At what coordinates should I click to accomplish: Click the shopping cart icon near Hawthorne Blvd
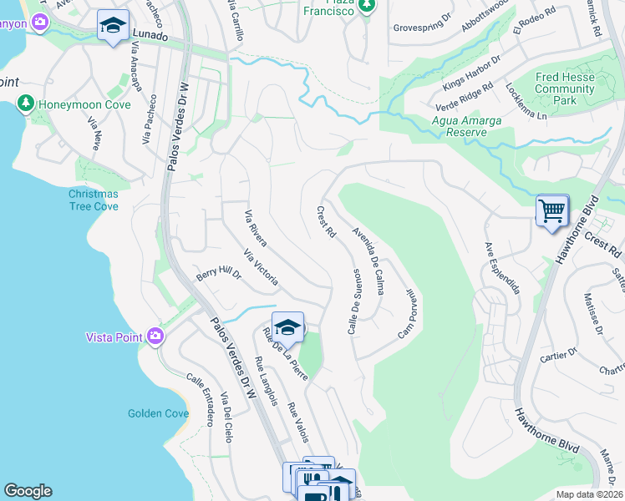[x=552, y=210]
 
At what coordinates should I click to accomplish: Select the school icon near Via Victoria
[x=287, y=327]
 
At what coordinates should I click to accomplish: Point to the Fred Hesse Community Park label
[x=565, y=89]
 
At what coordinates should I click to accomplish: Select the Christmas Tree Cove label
[x=94, y=200]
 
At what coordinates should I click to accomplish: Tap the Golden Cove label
[x=158, y=413]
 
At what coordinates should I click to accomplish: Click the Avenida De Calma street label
[x=368, y=261]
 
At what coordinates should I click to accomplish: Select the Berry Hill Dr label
[x=217, y=273]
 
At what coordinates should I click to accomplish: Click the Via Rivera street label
[x=255, y=229]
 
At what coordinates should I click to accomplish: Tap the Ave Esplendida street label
[x=503, y=267]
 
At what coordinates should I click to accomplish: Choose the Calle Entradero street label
[x=201, y=399]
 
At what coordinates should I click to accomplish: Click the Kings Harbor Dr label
[x=471, y=73]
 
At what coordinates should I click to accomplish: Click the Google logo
[x=28, y=491]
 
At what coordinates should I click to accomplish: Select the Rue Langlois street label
[x=267, y=382]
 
